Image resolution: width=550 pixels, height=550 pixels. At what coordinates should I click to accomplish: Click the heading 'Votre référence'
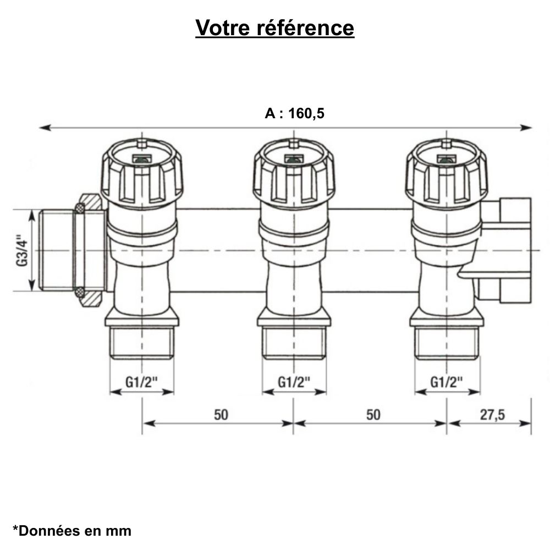pyautogui.click(x=274, y=28)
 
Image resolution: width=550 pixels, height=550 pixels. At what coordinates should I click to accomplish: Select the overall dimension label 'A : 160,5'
pyautogui.click(x=295, y=114)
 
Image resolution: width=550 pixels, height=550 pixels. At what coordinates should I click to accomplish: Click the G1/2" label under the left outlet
pyautogui.click(x=141, y=381)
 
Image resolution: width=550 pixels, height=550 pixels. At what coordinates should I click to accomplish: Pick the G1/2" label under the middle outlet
pyautogui.click(x=294, y=381)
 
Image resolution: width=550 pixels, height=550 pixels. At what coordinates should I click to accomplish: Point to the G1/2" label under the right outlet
pyautogui.click(x=446, y=381)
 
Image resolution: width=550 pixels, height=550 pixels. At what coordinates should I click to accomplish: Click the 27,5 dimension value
pyautogui.click(x=492, y=414)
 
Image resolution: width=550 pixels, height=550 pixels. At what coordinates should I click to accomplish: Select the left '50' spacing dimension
pyautogui.click(x=221, y=414)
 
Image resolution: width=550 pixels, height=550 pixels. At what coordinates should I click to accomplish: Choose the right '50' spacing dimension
pyautogui.click(x=373, y=414)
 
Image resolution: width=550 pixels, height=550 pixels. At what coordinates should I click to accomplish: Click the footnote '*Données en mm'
pyautogui.click(x=72, y=531)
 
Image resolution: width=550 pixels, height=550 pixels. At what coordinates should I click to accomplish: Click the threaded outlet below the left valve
pyautogui.click(x=142, y=343)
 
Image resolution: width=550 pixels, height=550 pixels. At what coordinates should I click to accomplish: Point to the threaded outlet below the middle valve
pyautogui.click(x=294, y=343)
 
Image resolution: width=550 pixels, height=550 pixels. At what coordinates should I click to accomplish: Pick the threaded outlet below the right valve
pyautogui.click(x=446, y=343)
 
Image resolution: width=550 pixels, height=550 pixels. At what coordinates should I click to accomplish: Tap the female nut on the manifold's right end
pyautogui.click(x=507, y=250)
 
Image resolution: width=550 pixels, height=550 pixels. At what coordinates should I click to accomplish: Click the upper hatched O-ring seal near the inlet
pyautogui.click(x=80, y=207)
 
